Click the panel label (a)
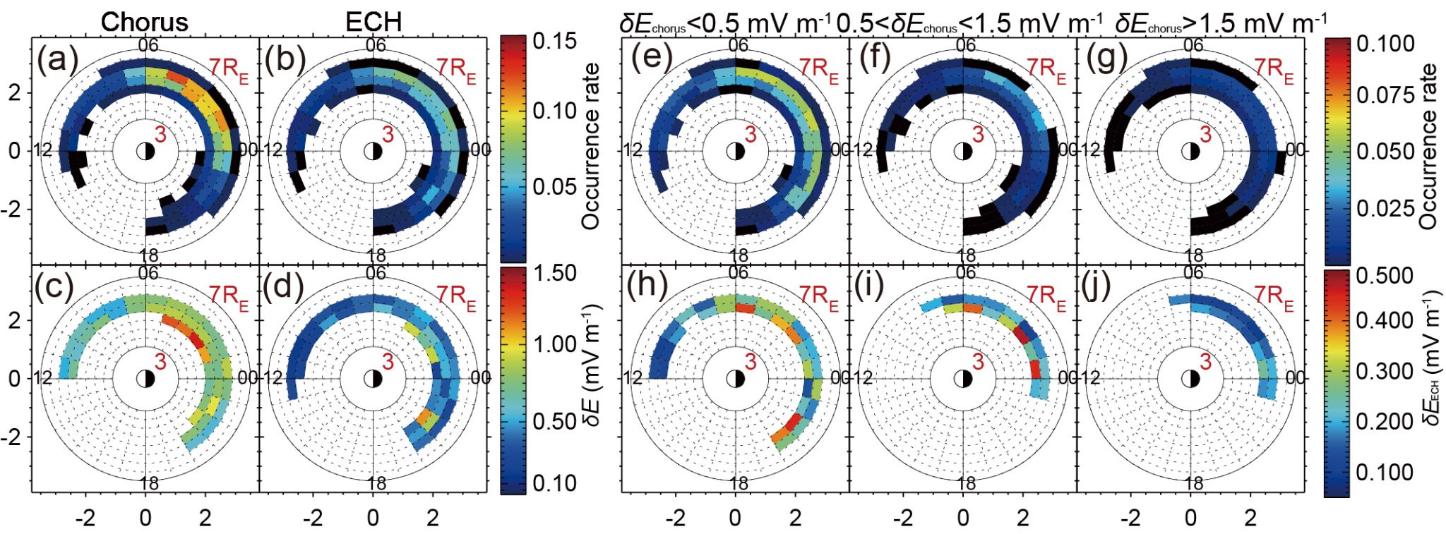57,59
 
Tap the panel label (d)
285,286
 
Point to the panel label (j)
1101,286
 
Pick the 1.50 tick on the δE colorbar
554,273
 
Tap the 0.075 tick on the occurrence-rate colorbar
1385,96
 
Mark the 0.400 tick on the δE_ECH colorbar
1385,321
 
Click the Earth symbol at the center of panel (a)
145,151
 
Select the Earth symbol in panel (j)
1192,379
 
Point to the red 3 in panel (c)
161,362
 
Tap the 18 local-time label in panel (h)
738,483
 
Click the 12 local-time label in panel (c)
43,378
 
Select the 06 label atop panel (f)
965,45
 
